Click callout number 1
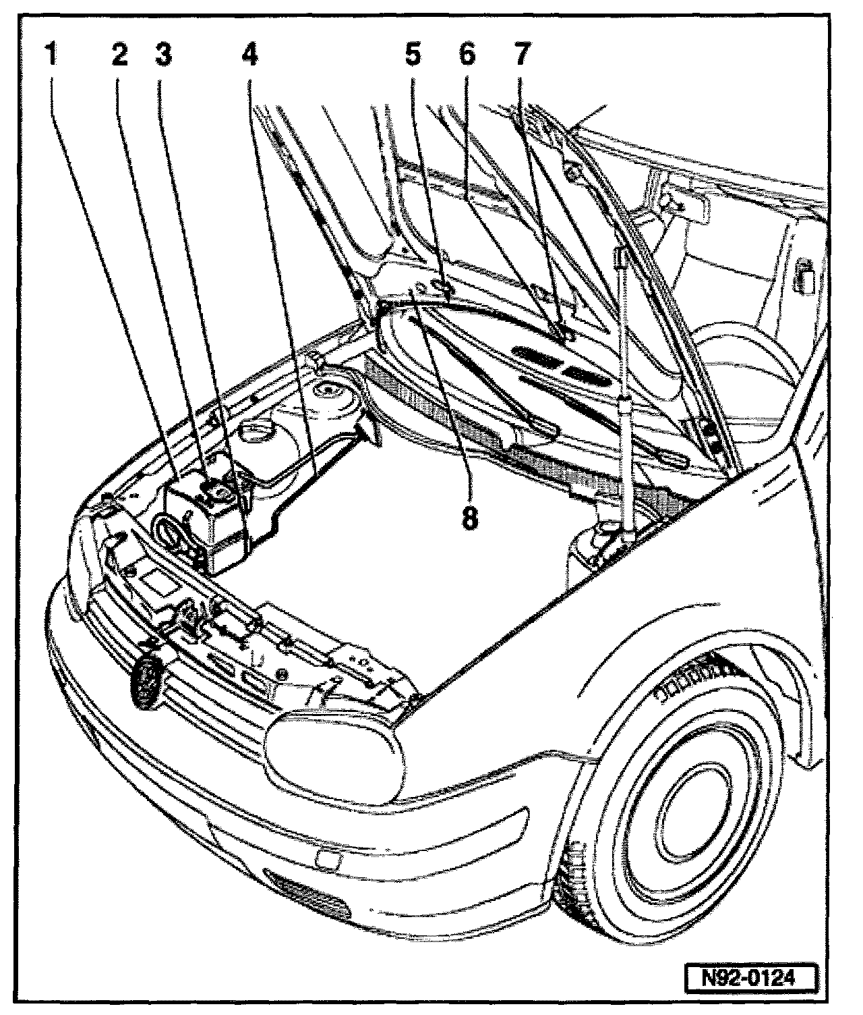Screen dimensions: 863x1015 (x=51, y=55)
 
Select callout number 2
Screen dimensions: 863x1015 (x=119, y=55)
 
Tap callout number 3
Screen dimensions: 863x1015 (x=164, y=55)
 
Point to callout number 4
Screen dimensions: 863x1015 (x=249, y=55)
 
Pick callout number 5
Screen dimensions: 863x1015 (x=413, y=55)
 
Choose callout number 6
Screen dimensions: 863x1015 (x=467, y=55)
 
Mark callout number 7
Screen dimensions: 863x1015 (x=523, y=55)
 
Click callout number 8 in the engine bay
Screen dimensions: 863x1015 (x=470, y=518)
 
